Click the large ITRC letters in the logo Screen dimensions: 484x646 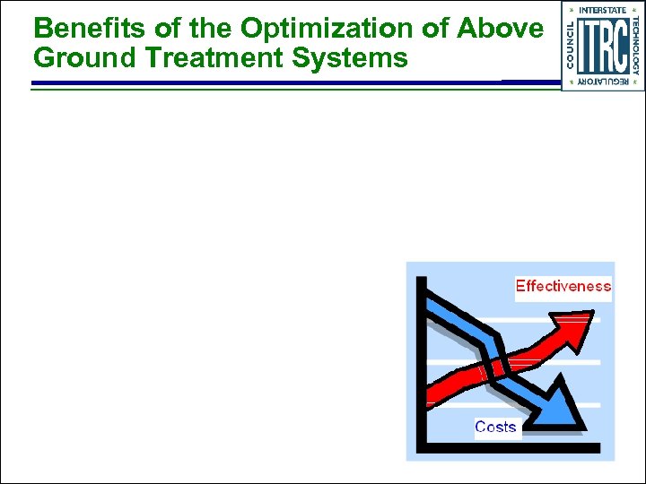602,45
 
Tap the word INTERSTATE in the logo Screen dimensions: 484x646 602,10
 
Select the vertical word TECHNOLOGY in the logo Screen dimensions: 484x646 635,45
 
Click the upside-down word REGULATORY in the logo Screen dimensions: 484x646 602,82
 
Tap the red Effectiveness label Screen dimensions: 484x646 563,287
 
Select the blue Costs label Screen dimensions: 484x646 495,427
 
